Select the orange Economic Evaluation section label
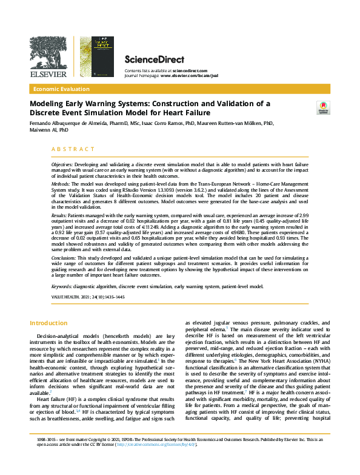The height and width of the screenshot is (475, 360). [63, 89]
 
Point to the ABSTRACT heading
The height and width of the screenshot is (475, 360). [73, 149]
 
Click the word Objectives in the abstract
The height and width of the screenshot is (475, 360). [61, 165]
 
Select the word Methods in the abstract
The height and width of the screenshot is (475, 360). [60, 183]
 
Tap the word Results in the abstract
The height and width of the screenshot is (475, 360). [59, 215]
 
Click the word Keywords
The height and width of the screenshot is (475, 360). [61, 286]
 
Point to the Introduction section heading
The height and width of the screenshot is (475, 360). [49, 323]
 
